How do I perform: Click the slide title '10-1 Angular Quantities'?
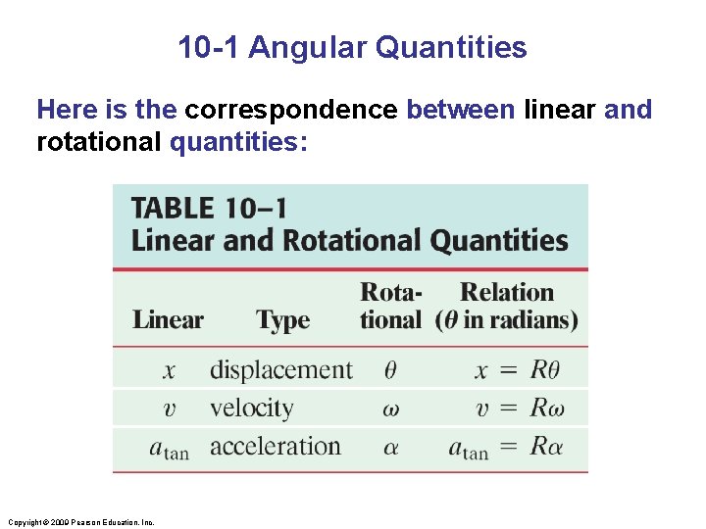point(352,47)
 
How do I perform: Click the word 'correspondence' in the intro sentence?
point(291,110)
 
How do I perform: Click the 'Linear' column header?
point(168,319)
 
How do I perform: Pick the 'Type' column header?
point(282,319)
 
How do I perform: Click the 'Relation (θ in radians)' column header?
point(507,306)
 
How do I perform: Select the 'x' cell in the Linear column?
point(169,370)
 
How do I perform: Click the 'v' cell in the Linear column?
point(169,409)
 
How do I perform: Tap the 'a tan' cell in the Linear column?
point(169,448)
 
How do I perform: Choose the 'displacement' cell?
point(280,369)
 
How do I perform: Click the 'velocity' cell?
point(252,408)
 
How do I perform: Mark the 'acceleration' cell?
point(276,447)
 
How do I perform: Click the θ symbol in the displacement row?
point(390,370)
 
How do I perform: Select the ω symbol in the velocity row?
point(390,409)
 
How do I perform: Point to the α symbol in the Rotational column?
point(390,448)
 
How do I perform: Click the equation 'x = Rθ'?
point(518,370)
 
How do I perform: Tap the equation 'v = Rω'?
point(518,409)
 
